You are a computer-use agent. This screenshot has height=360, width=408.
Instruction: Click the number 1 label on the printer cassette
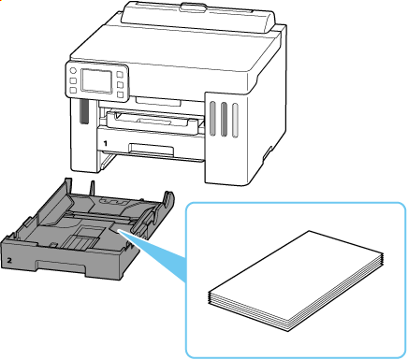click(x=106, y=143)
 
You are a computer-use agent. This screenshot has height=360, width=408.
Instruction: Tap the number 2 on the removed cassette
click(x=9, y=260)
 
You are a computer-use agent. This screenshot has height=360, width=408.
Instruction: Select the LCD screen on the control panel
click(x=96, y=80)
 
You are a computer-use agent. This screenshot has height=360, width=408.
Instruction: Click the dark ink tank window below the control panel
click(x=83, y=111)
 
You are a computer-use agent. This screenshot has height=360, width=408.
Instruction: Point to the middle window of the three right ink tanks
click(x=224, y=119)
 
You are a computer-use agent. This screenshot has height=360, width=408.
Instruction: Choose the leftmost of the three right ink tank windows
click(x=212, y=118)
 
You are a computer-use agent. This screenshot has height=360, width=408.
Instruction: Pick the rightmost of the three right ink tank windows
click(x=235, y=120)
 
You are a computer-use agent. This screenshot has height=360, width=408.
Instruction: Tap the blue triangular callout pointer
click(x=152, y=252)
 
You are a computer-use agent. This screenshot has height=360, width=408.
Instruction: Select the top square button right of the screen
click(x=120, y=75)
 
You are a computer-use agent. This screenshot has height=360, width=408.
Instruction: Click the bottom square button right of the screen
click(x=120, y=94)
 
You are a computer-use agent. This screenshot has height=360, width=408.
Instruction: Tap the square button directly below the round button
click(x=73, y=80)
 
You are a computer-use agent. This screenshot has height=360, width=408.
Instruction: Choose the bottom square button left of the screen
click(x=73, y=90)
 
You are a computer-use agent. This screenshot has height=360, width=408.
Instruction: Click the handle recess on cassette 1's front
click(x=152, y=149)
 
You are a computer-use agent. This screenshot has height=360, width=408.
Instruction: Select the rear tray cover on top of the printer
click(x=198, y=17)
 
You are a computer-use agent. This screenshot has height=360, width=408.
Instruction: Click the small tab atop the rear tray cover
click(x=195, y=6)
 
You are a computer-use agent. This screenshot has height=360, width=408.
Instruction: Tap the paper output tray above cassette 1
click(x=153, y=122)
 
